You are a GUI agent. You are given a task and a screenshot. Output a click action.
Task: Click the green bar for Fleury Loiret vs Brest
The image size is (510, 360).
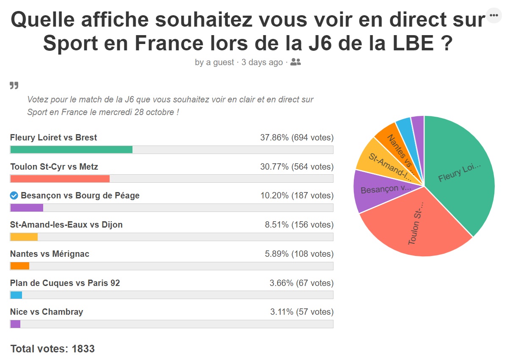pos(71,149)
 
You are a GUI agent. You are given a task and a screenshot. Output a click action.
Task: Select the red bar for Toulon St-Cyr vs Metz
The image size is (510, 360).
pos(60,179)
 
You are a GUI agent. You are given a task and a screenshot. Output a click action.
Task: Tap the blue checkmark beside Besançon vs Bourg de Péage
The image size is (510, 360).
pos(14,195)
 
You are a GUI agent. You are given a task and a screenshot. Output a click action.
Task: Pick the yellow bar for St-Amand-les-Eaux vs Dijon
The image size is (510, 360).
pos(24,237)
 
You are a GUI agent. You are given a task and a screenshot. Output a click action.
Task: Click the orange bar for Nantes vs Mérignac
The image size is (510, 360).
pos(19,266)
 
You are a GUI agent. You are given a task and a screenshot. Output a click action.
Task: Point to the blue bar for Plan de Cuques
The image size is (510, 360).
pos(16,295)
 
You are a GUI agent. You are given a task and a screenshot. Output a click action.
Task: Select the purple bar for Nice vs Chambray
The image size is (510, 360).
pos(15,324)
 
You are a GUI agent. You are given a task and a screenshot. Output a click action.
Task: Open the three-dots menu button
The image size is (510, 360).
pos(493,15)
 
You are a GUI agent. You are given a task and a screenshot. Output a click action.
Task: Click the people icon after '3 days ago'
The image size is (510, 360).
pos(296,62)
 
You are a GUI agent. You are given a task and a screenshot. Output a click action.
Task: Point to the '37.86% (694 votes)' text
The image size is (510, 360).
pos(297,137)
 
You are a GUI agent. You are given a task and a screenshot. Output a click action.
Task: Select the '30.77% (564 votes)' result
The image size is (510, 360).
pos(297,167)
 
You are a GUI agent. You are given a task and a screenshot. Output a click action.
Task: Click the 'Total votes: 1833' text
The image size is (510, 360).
pos(52,349)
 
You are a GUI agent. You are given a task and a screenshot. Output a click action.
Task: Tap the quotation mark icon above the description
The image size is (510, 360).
pos(14,86)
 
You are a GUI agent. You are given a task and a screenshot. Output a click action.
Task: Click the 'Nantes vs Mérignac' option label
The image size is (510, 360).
pos(50,254)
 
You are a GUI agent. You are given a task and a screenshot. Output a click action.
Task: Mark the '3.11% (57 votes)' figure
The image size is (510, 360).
pos(302,312)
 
